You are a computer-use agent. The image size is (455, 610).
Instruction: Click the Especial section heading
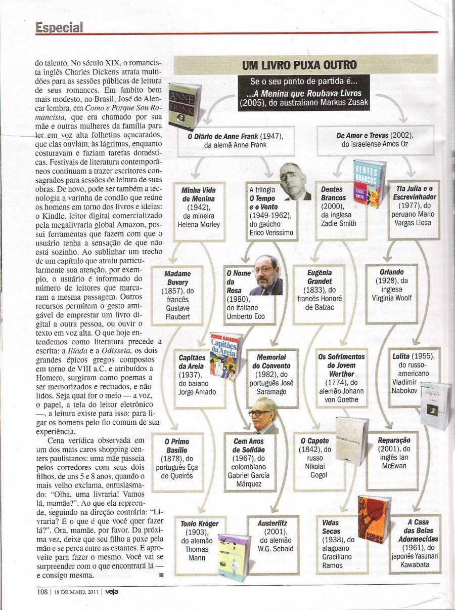(x=59, y=28)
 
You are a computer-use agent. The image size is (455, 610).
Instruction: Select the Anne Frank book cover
(x=184, y=107)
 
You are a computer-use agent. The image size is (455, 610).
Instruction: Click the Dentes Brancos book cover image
(x=369, y=184)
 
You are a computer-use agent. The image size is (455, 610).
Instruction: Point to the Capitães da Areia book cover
(x=225, y=355)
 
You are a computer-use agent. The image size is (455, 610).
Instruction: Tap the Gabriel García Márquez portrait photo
(x=264, y=416)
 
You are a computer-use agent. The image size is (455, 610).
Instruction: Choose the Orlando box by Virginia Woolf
(x=392, y=294)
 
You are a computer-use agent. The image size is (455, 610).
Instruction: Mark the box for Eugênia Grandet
(x=319, y=294)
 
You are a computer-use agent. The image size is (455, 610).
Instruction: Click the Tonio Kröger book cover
(x=234, y=556)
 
